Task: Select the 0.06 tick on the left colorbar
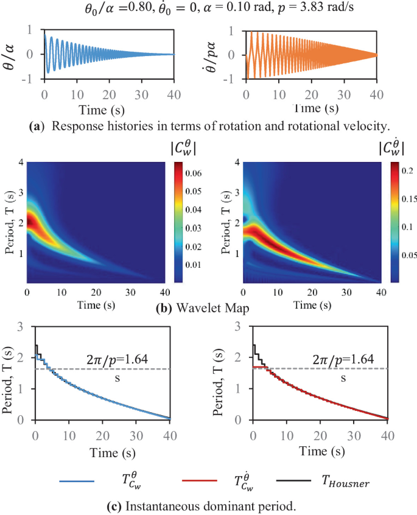[195, 173]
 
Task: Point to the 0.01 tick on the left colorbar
[195, 265]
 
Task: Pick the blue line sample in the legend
[77, 482]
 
